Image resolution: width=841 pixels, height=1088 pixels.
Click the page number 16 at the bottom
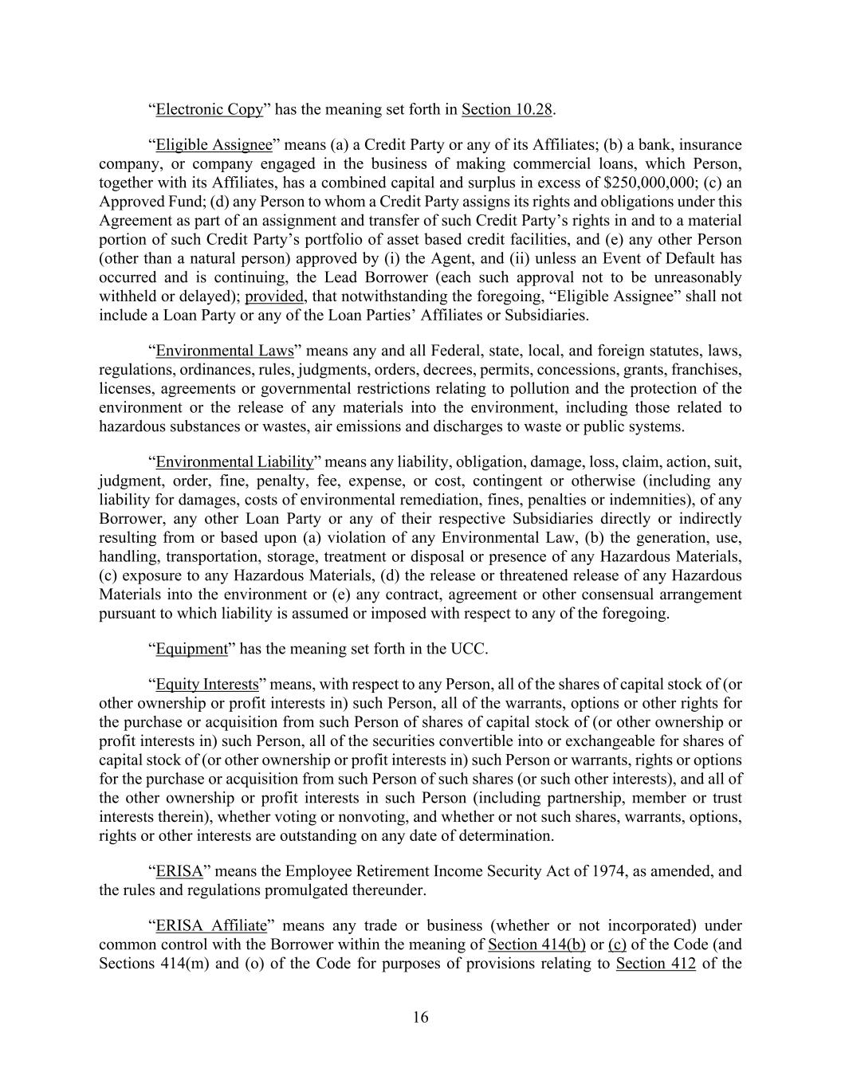(420, 1017)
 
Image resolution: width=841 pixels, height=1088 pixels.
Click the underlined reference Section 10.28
(507, 109)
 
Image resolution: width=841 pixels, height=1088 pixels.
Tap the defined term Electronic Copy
(209, 109)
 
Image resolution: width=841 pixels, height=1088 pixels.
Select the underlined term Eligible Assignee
(214, 145)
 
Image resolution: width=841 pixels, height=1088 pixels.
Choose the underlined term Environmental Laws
(225, 351)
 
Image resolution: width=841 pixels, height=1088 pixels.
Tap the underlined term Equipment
(191, 649)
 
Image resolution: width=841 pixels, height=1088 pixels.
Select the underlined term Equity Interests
(207, 685)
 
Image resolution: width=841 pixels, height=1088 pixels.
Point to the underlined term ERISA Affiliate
(210, 926)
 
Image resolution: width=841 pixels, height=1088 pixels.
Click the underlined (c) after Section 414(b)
(617, 945)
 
